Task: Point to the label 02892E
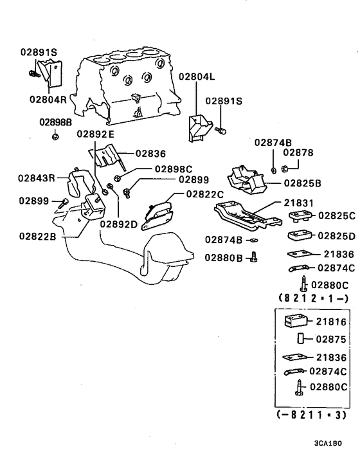coord(95,134)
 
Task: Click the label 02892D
coord(119,224)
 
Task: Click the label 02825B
coord(302,183)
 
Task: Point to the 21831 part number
coord(299,203)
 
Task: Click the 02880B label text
coord(224,257)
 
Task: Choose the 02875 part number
coord(332,339)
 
